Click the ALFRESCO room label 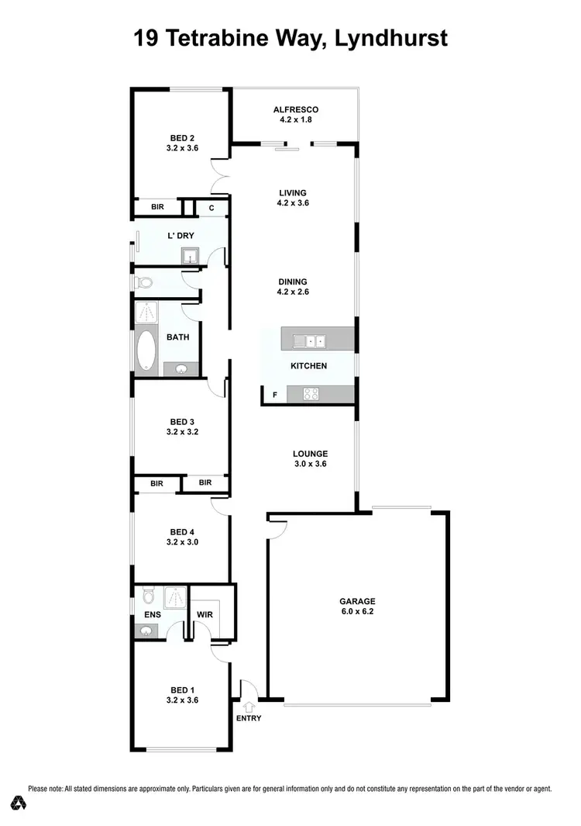click(295, 110)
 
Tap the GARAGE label click(357, 601)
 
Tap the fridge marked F click(273, 395)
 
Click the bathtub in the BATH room click(147, 351)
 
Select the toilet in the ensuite click(149, 597)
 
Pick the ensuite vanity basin click(144, 631)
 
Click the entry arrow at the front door click(249, 707)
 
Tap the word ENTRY click(249, 718)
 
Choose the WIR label click(205, 614)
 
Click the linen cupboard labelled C click(211, 208)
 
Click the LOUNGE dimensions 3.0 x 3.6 click(310, 464)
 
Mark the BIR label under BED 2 click(157, 208)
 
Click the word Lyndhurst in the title click(385, 38)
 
